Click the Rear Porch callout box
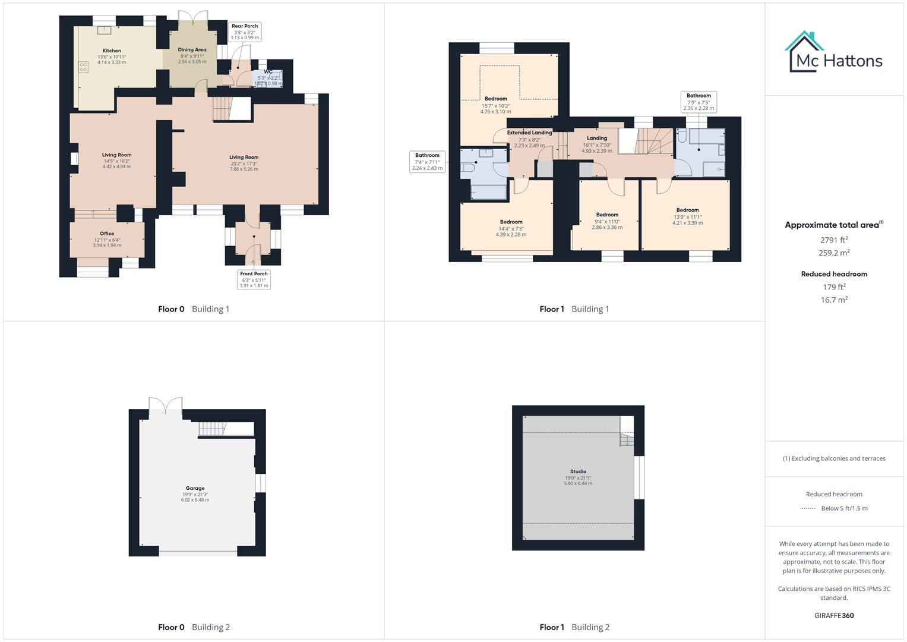(x=245, y=32)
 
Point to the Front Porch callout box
(x=254, y=279)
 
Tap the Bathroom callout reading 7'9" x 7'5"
(x=699, y=102)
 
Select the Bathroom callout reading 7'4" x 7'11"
(x=427, y=162)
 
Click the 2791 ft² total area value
(x=834, y=240)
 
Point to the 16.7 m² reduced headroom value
(x=834, y=300)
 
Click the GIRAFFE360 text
(x=834, y=615)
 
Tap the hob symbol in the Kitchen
(x=84, y=68)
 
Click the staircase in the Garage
(x=213, y=429)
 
